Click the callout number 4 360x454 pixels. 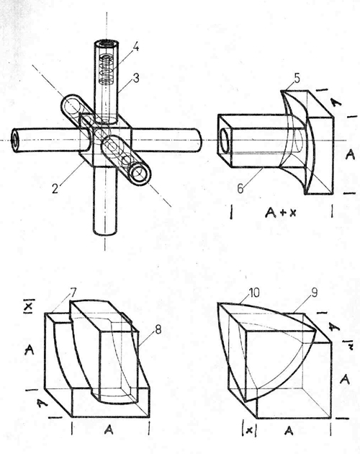click(135, 47)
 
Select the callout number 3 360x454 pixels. click(136, 78)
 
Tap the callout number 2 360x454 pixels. click(55, 188)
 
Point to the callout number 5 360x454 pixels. click(297, 79)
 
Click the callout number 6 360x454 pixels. click(240, 189)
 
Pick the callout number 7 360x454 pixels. click(72, 293)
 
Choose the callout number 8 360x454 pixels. click(158, 330)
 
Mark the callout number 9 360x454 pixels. click(314, 293)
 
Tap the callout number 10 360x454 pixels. click(253, 293)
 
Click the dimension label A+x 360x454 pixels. click(280, 213)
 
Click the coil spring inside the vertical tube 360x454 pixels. click(108, 69)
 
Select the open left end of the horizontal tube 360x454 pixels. click(16, 140)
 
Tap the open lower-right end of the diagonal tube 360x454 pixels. click(140, 174)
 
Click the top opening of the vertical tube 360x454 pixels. click(107, 44)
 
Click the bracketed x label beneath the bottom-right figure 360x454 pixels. click(248, 431)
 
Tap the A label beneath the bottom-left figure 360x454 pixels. click(109, 429)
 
